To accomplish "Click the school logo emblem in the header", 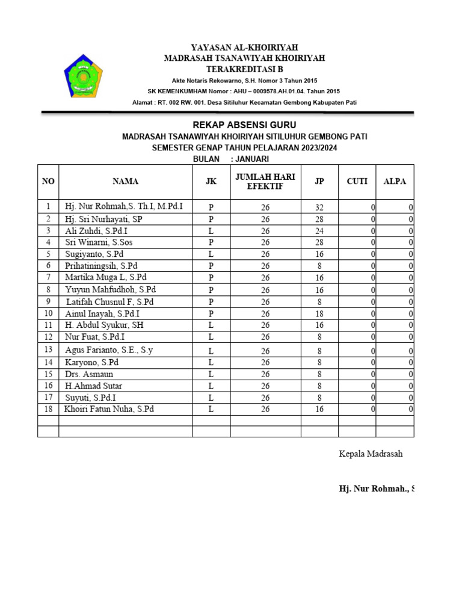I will click(x=83, y=76).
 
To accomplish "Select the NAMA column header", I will click(x=125, y=181).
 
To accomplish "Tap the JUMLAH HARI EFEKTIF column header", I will click(x=265, y=182).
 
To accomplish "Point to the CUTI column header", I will click(x=357, y=181).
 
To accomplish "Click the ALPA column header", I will click(x=395, y=181).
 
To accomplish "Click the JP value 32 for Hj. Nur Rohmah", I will click(x=319, y=208).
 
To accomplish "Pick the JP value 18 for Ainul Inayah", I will click(x=319, y=314).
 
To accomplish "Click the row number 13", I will click(x=48, y=350).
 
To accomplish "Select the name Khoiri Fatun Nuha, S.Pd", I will click(x=109, y=409).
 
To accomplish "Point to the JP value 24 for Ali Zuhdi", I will click(x=319, y=231).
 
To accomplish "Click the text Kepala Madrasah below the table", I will click(x=371, y=454).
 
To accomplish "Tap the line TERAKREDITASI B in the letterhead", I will click(x=244, y=69).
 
